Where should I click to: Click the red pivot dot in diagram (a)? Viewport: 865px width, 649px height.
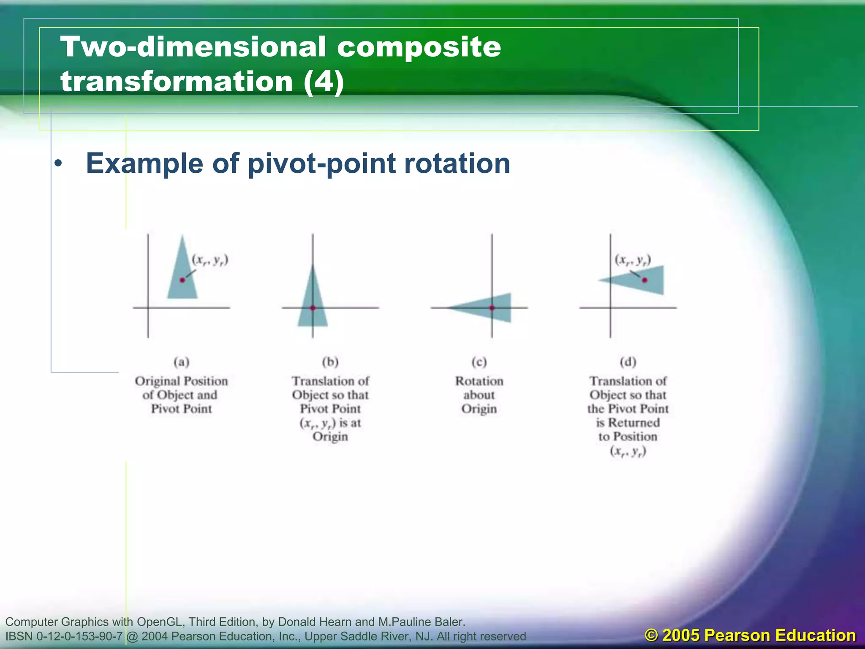coord(182,280)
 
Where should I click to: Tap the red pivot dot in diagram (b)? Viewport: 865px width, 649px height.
coord(313,308)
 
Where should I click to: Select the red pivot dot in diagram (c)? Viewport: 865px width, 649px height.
coord(492,308)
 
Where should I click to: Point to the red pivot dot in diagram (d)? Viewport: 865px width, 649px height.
coord(645,280)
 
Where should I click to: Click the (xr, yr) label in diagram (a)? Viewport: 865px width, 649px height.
coord(210,260)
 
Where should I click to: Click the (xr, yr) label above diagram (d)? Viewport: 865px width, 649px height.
coord(632,260)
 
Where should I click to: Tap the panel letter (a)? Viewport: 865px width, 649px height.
coord(182,362)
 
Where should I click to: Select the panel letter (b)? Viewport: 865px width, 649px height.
coord(330,362)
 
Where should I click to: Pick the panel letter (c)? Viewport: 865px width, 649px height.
coord(479,362)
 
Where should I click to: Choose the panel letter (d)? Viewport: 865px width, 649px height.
coord(628,362)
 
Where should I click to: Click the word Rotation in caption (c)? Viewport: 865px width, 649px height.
coord(479,381)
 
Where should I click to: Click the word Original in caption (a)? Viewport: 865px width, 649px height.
coord(157,381)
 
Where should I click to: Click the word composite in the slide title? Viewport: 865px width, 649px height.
coord(419,46)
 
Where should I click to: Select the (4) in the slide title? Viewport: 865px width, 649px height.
coord(323,81)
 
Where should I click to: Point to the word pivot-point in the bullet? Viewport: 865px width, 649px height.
coord(321,163)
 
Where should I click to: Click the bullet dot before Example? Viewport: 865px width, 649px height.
coord(58,164)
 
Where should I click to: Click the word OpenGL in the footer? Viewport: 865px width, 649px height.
coord(160,622)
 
